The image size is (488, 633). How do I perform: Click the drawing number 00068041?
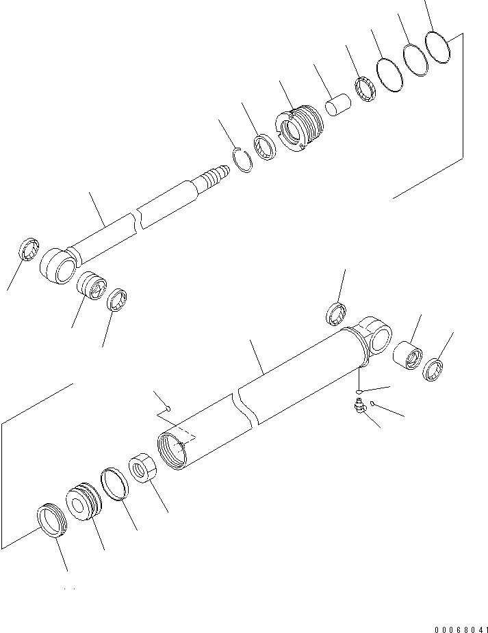[x=461, y=630]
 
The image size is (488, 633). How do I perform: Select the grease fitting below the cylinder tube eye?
[x=357, y=405]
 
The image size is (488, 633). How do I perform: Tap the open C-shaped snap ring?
[x=242, y=160]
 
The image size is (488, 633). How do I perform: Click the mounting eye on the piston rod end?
[x=59, y=266]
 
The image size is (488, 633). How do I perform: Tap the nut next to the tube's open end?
[x=143, y=468]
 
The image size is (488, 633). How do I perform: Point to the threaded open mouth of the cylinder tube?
[x=172, y=450]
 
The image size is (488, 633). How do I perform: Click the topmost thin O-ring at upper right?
[x=437, y=48]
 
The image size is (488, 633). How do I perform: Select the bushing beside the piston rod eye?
[x=92, y=286]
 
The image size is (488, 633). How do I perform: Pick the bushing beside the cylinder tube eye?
[x=407, y=355]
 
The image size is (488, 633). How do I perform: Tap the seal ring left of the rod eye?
[x=29, y=250]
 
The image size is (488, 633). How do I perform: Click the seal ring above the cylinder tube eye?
[x=336, y=314]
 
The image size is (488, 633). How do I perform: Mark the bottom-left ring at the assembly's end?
[x=52, y=521]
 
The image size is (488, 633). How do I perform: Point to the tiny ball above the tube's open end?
[x=169, y=409]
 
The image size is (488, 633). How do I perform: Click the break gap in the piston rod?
[x=139, y=220]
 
